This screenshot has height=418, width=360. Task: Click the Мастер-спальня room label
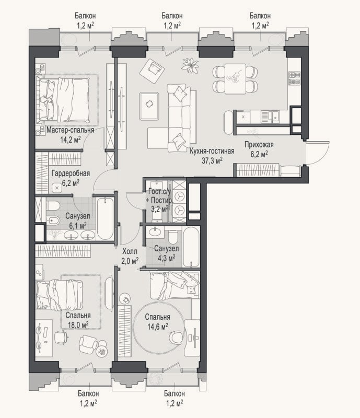click(x=71, y=130)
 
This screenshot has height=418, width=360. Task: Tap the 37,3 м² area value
click(x=212, y=160)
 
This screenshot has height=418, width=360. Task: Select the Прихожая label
click(x=259, y=145)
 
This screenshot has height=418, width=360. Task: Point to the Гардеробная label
click(x=71, y=173)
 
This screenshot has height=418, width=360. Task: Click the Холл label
click(x=130, y=251)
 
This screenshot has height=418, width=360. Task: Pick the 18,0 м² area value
click(x=78, y=325)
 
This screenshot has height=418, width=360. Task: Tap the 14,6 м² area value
click(x=158, y=326)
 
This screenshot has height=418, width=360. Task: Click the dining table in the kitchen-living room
click(x=235, y=79)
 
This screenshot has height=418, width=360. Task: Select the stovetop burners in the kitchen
click(x=295, y=78)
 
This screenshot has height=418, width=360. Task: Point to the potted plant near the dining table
click(x=190, y=65)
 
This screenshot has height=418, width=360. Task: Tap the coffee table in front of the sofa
click(x=149, y=106)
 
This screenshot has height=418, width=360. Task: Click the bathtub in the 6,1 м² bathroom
click(x=105, y=219)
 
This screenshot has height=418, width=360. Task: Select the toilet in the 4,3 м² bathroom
click(x=173, y=237)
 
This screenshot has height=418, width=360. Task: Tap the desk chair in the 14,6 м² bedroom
click(x=176, y=337)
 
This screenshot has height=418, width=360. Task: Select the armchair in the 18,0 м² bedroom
click(x=88, y=344)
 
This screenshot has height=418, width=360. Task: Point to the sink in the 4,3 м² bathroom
click(x=157, y=232)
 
